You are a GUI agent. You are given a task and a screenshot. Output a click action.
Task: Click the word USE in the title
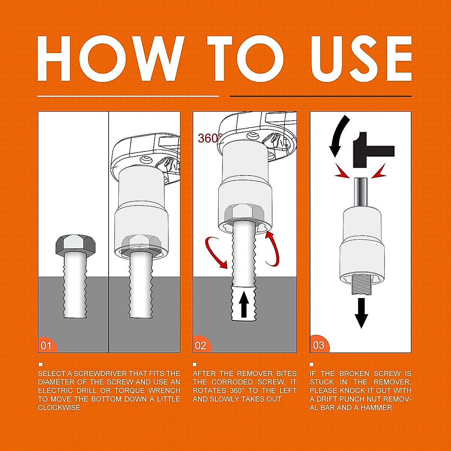pos(361,59)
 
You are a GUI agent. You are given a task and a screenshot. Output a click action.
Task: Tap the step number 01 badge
pos(46,345)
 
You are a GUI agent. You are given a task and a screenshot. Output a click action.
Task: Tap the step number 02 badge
pos(201,345)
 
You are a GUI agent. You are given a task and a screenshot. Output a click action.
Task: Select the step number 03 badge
pos(318,345)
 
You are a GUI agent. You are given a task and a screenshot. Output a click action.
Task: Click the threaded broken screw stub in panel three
pos(361,285)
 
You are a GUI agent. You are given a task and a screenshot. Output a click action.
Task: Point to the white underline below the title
pos(128,96)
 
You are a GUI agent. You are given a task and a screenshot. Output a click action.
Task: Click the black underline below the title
pos(320,96)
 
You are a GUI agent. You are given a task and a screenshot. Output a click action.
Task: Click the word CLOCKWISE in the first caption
pos(59,408)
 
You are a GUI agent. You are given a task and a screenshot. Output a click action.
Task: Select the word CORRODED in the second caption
pos(232,382)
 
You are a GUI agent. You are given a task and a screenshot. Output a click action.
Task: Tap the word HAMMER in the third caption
pos(376,408)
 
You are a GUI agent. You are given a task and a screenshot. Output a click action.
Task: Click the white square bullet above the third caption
pos(312,364)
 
